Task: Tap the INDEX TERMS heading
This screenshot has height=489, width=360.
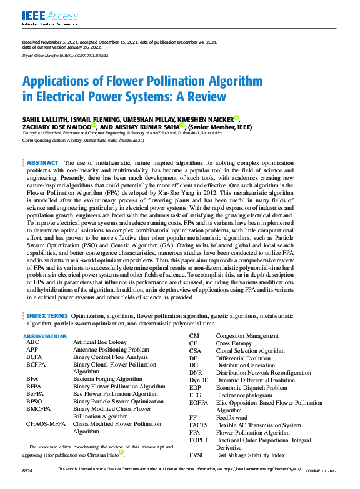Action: point(47,316)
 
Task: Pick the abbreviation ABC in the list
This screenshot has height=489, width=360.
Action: point(32,343)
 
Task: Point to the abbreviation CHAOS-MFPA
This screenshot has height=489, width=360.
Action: point(46,424)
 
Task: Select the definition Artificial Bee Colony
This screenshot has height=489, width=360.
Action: point(99,343)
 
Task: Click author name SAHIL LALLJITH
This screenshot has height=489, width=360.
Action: point(45,119)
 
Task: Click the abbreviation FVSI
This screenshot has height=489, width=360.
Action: point(197,455)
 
